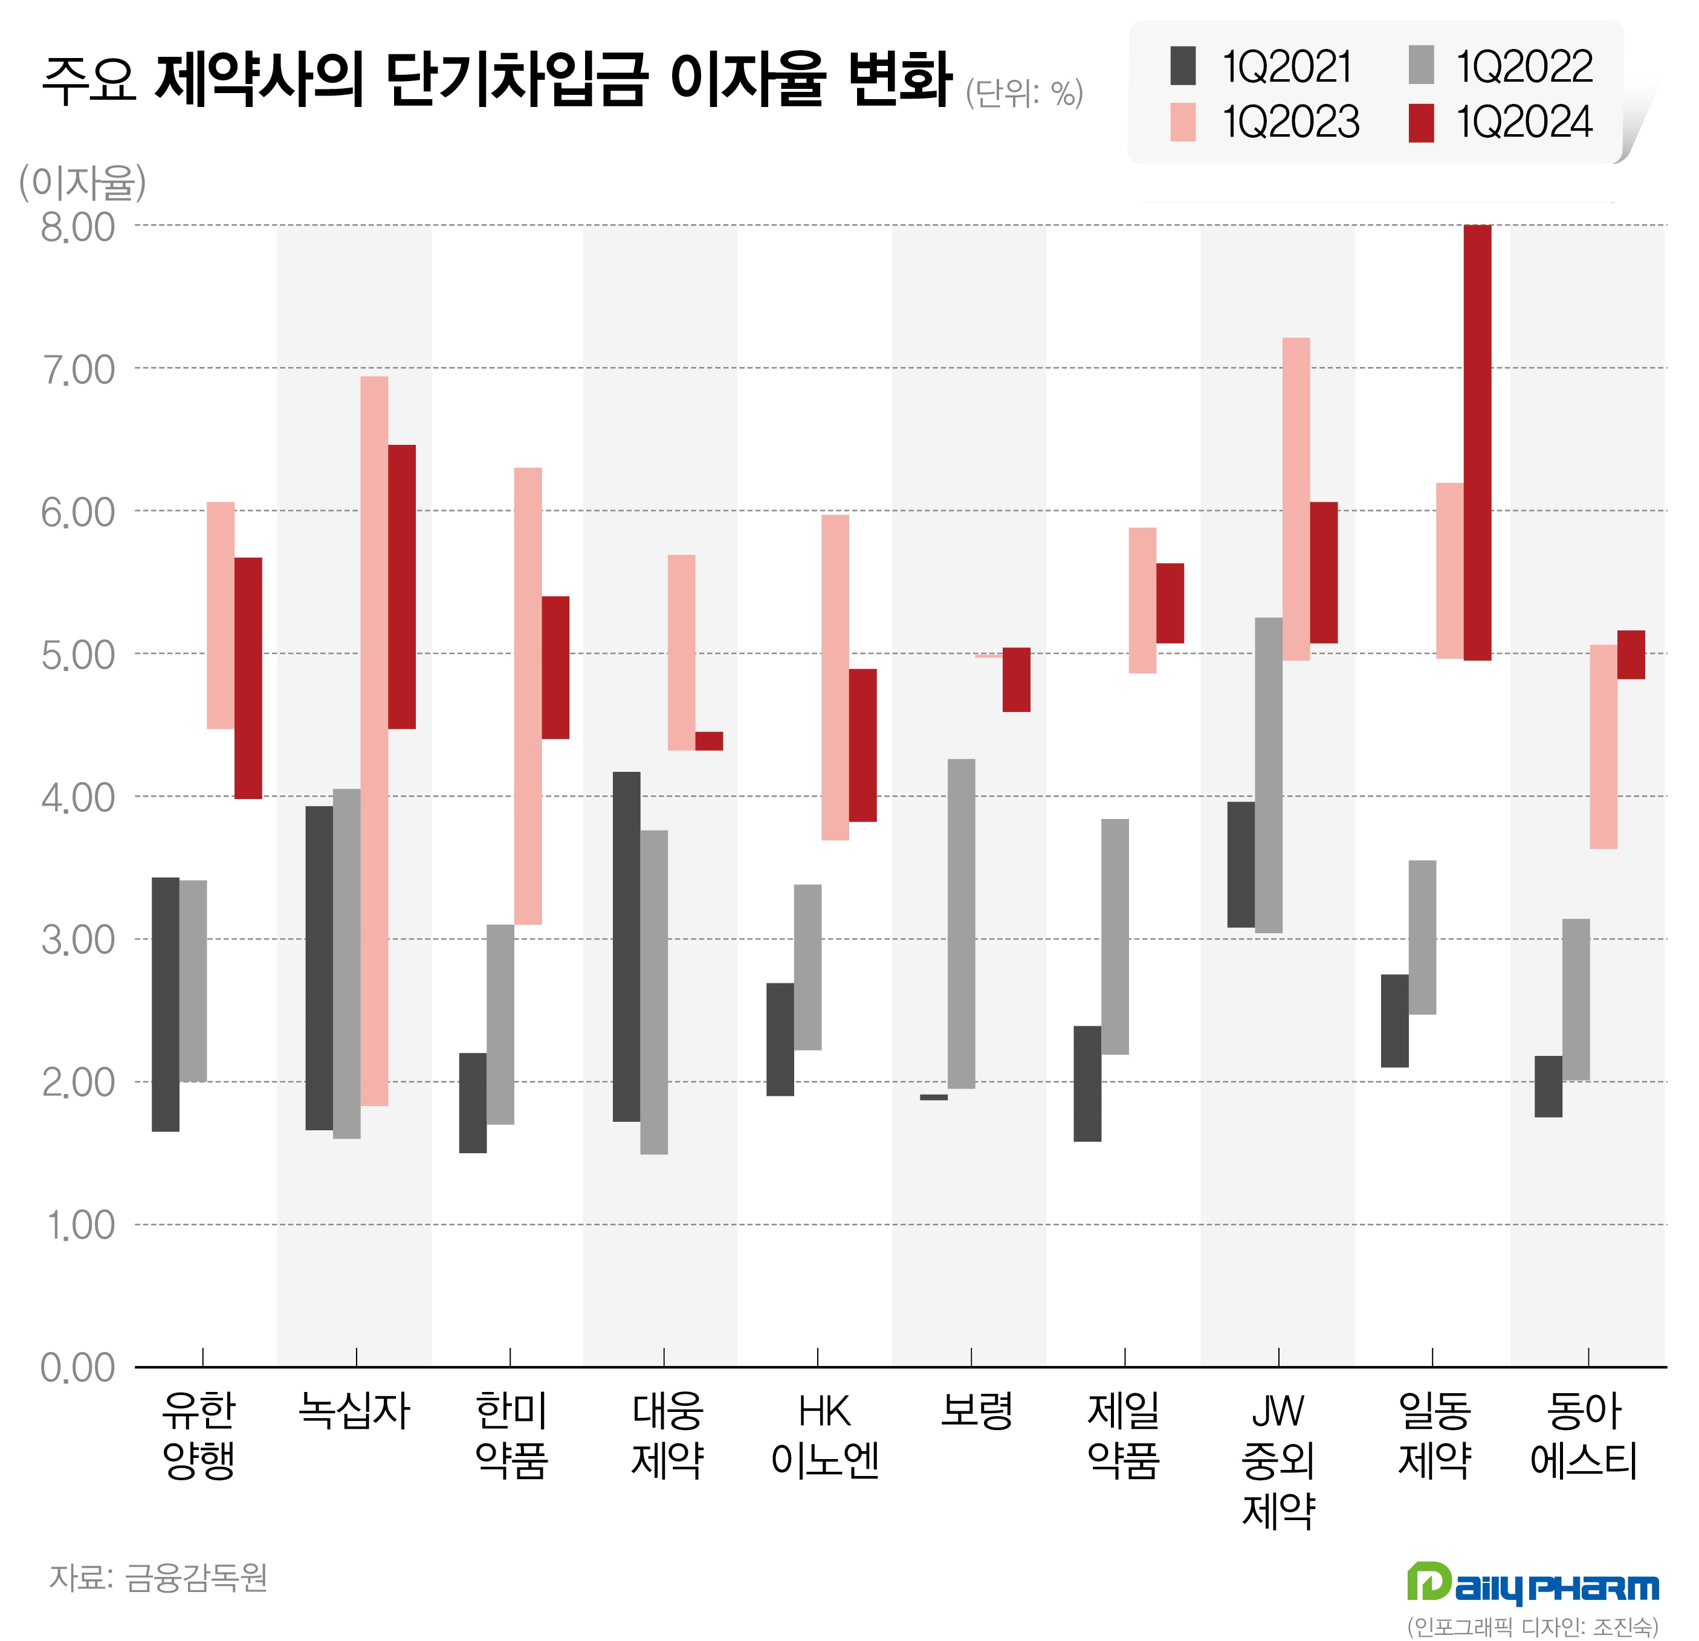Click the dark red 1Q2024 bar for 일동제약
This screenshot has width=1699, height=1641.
click(x=1477, y=442)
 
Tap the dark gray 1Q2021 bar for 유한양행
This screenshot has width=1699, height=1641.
click(x=166, y=1004)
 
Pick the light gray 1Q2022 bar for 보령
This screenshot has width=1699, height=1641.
click(x=962, y=923)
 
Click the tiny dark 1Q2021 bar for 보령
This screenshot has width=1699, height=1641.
click(x=934, y=1098)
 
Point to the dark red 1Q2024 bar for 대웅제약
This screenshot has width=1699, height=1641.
click(x=709, y=740)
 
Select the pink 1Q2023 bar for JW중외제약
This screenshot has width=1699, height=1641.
click(x=1296, y=499)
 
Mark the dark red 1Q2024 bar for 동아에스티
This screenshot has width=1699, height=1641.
click(x=1631, y=655)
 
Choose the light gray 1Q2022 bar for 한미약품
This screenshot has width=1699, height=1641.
click(x=500, y=1024)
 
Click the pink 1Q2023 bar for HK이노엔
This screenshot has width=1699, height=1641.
click(x=835, y=677)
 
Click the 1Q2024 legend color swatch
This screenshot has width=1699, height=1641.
click(x=1421, y=122)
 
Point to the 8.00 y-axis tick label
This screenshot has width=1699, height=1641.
click(x=78, y=227)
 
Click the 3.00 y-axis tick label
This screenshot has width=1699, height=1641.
click(x=78, y=940)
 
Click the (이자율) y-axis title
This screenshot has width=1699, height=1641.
click(x=82, y=183)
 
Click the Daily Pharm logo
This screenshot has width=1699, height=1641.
click(x=1532, y=1584)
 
